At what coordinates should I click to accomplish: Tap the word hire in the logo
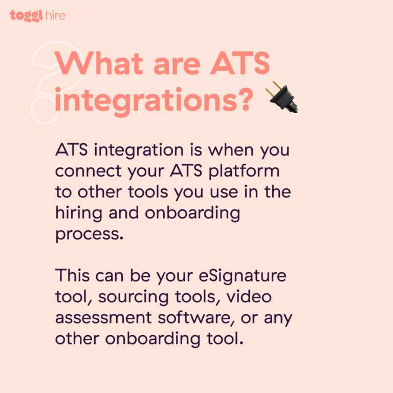55,15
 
